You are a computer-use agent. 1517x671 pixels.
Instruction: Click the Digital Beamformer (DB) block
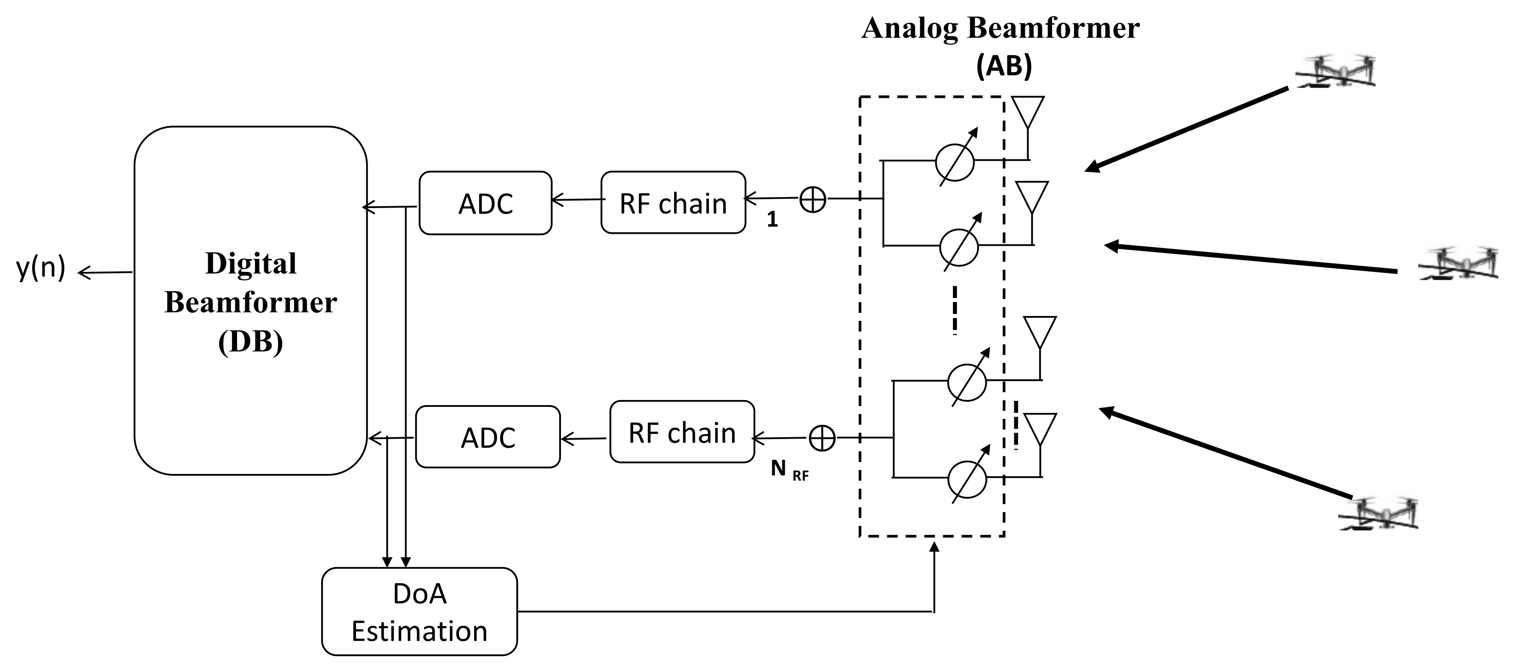(250, 301)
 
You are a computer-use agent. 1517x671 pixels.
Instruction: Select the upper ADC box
(485, 203)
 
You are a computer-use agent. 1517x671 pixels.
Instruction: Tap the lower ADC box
(487, 437)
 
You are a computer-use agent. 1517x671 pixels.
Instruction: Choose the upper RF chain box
(673, 203)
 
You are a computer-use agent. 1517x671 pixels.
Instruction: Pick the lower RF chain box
(682, 433)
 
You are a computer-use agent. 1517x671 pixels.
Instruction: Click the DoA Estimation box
(419, 612)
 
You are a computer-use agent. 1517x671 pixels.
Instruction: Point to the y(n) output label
(40, 268)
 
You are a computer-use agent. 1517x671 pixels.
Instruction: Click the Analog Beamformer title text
(1001, 28)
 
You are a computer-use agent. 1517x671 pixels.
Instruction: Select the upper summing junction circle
(813, 199)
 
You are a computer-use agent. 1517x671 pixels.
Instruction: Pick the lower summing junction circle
(822, 438)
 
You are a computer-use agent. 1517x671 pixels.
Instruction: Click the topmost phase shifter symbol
(955, 159)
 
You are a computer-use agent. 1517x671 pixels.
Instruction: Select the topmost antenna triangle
(1028, 111)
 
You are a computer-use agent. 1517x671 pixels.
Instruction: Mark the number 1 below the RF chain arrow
(772, 220)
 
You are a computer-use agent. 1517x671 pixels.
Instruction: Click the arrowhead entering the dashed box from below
(934, 547)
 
